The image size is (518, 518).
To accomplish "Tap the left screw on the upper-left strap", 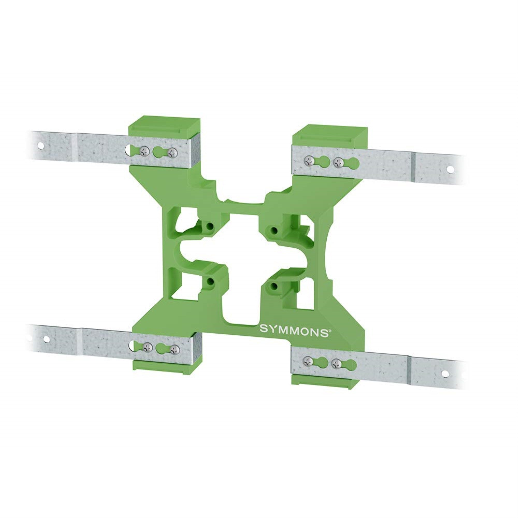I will pyautogui.click(x=146, y=152).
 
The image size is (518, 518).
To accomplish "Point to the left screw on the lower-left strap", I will pyautogui.click(x=148, y=348).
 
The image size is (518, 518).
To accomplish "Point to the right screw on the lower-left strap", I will pyautogui.click(x=175, y=349).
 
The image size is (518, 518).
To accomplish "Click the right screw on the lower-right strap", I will pyautogui.click(x=336, y=364).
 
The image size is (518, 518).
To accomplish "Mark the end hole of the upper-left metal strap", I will pyautogui.click(x=40, y=146).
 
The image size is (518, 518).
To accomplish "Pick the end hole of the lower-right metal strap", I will pyautogui.click(x=445, y=374).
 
